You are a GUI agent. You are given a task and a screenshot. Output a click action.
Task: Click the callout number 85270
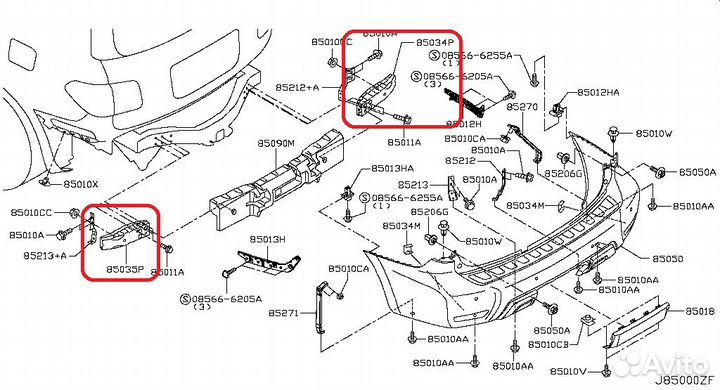pyautogui.click(x=522, y=105)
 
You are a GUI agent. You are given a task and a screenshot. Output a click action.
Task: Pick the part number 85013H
pyautogui.click(x=267, y=240)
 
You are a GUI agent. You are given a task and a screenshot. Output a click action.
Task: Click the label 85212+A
pyautogui.click(x=301, y=88)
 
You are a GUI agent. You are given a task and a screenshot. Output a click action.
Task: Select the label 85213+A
pyautogui.click(x=44, y=256)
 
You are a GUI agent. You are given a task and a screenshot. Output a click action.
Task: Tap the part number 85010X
pyautogui.click(x=79, y=184)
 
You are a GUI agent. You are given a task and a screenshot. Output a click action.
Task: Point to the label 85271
pyautogui.click(x=285, y=313)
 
